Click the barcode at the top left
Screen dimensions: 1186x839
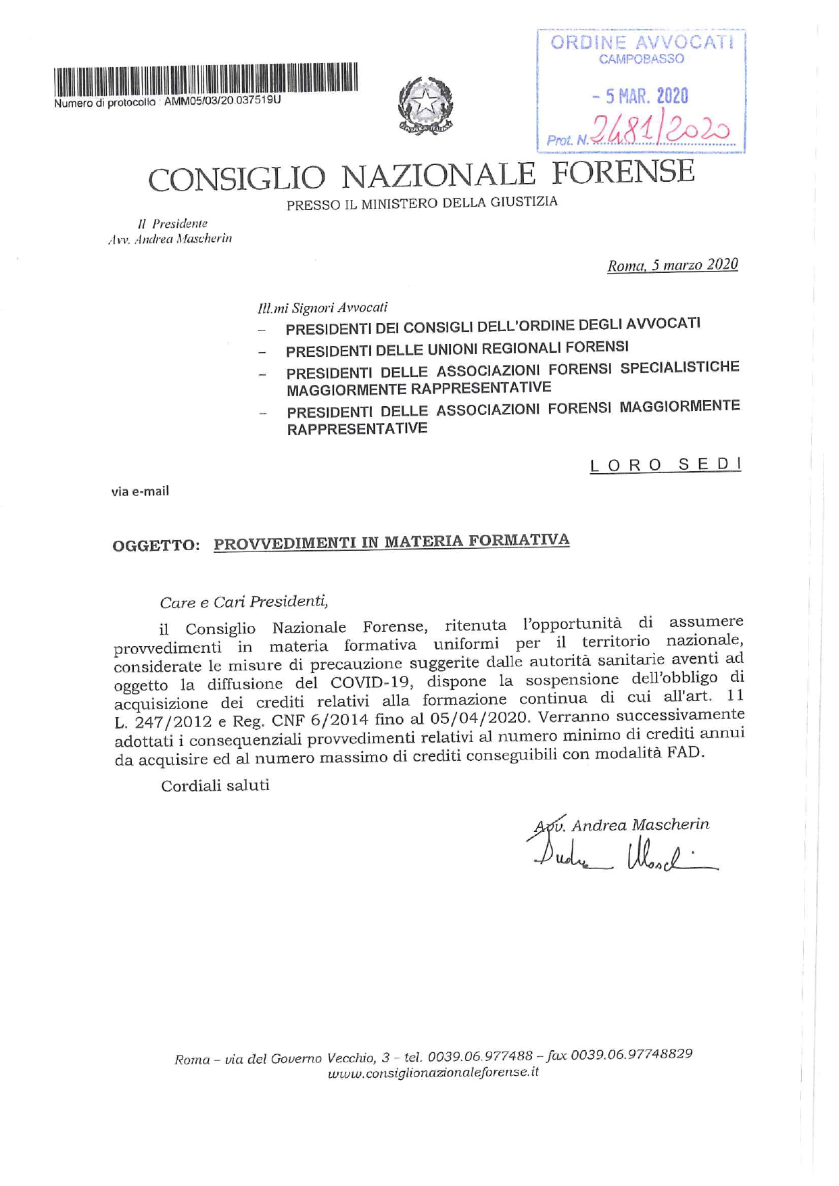click(206, 79)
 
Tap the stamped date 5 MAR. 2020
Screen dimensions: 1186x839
click(640, 97)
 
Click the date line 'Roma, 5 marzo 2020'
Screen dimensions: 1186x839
click(672, 265)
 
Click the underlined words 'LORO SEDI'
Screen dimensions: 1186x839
click(665, 465)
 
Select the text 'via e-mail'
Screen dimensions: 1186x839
click(140, 491)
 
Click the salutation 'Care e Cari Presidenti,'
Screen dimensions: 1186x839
click(244, 601)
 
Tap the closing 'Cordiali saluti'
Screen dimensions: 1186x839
click(215, 785)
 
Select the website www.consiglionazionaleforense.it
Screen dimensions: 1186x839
click(433, 1074)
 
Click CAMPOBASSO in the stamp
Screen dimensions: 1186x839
click(642, 59)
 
